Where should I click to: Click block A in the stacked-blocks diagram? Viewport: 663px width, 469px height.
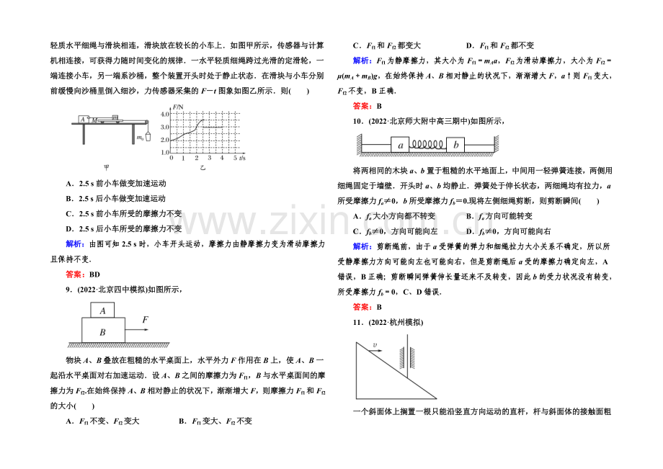tap(102, 311)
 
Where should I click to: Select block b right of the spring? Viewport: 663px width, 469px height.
tap(455, 146)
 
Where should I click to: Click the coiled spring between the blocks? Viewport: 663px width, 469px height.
tap(427, 146)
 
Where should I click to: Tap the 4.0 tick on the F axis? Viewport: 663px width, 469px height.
tap(164, 114)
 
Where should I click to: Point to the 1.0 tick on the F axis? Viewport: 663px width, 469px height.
tap(164, 152)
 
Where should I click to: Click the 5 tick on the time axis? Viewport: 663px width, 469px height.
tap(234, 157)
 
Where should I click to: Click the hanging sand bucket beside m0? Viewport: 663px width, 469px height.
tap(148, 136)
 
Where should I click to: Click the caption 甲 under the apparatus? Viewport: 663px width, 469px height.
tap(107, 167)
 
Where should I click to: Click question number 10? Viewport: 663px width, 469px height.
tap(357, 121)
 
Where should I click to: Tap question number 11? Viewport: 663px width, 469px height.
tap(357, 322)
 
